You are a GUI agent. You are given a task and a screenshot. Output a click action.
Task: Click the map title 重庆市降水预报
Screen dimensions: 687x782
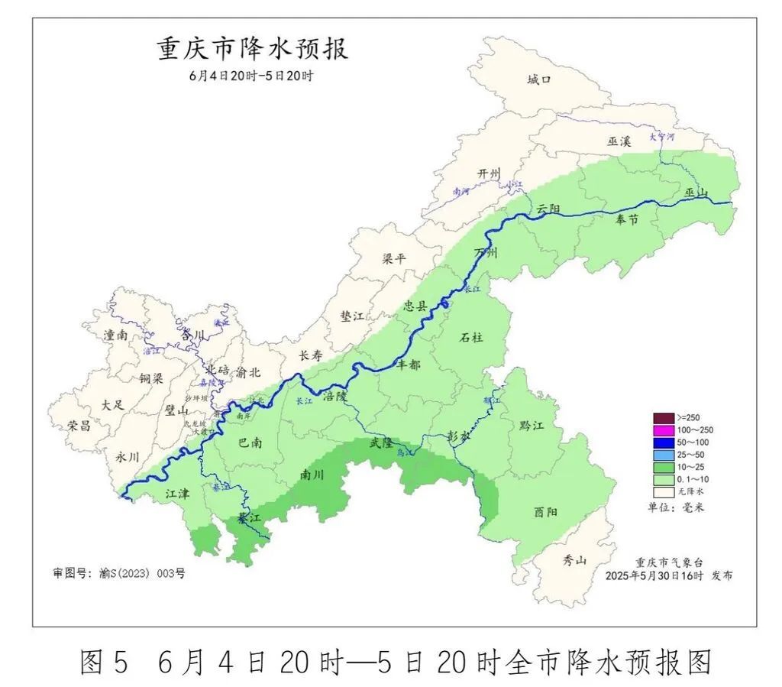tap(252, 48)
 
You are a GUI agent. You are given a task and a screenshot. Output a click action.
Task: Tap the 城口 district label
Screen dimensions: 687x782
tap(539, 79)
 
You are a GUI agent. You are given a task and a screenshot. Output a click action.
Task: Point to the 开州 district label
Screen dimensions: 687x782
tap(487, 173)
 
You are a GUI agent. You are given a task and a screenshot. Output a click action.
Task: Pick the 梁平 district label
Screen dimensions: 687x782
tap(395, 258)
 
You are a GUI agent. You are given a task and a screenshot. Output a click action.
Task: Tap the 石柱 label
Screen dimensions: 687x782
tap(473, 337)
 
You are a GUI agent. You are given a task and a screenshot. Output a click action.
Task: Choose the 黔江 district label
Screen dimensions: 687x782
tap(531, 426)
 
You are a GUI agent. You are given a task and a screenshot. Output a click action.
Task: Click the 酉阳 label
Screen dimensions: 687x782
tap(545, 512)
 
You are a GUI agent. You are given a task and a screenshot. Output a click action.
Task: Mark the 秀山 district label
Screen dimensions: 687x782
tap(575, 560)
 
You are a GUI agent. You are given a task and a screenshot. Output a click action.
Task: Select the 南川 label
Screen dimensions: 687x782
tap(312, 475)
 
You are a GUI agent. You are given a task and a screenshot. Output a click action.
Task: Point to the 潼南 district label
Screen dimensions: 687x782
tap(117, 335)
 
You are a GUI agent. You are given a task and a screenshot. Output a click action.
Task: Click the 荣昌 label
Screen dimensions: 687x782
tap(79, 426)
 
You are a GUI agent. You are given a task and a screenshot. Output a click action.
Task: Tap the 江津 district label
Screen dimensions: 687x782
tap(177, 494)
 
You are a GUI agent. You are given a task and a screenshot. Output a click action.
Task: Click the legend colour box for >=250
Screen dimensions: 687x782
tap(664, 417)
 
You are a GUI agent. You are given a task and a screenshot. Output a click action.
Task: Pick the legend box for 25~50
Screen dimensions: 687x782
tap(664, 455)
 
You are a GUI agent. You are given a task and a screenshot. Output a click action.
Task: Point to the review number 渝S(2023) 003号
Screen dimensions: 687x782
tap(119, 572)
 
